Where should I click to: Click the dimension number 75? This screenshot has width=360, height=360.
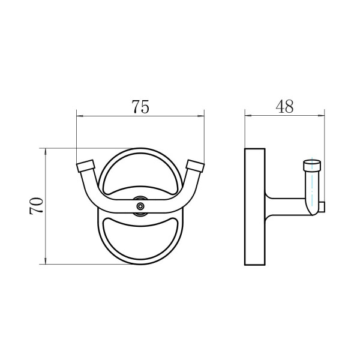click(x=140, y=107)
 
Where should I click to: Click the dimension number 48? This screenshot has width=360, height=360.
click(x=284, y=106)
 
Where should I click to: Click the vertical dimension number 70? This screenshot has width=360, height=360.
click(x=36, y=206)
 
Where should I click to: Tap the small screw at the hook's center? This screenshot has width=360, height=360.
click(x=140, y=206)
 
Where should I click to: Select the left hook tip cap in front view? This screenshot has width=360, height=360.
click(x=85, y=166)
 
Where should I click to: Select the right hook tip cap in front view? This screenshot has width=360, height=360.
click(x=196, y=166)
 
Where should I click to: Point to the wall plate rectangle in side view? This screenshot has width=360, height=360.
click(x=255, y=207)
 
